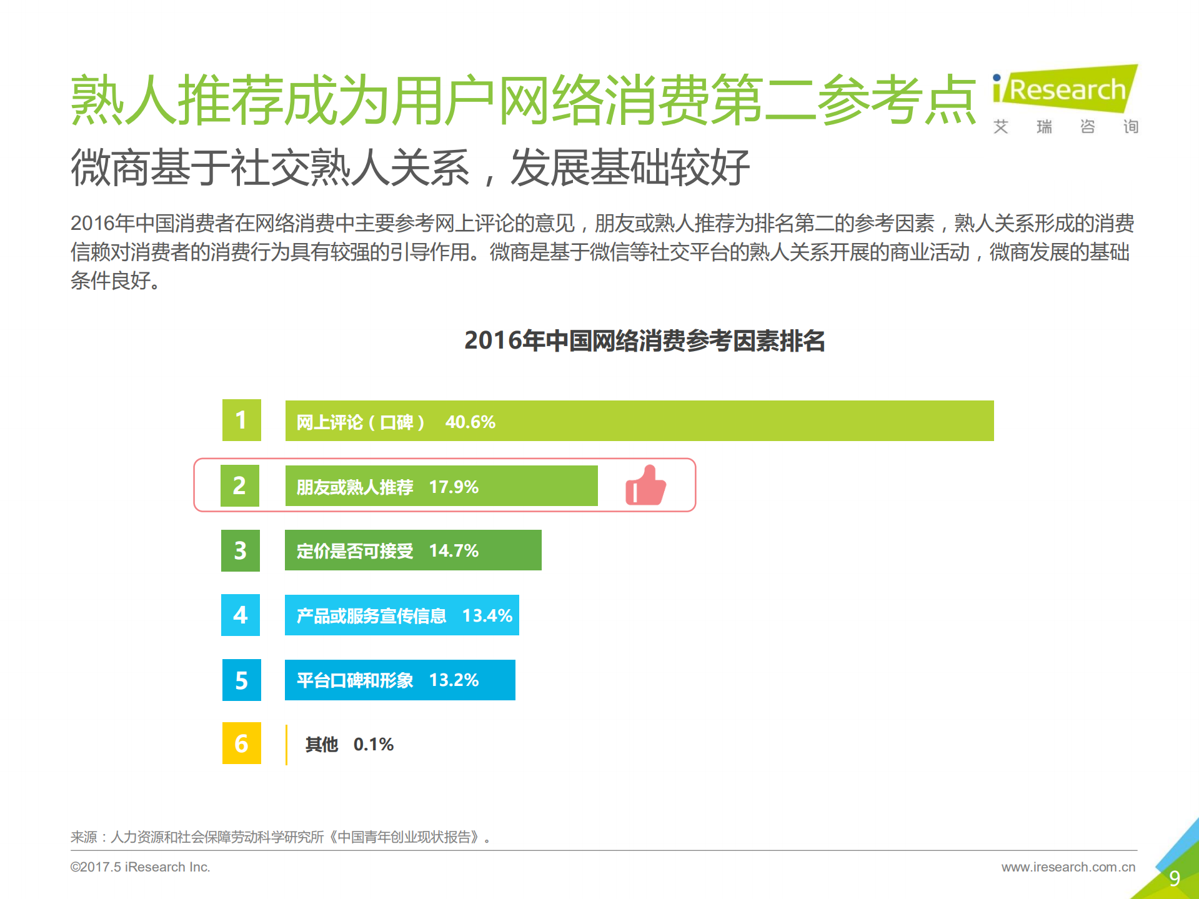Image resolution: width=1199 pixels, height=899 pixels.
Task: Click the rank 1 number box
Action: [241, 420]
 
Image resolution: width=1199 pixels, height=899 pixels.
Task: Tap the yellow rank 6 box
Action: [241, 743]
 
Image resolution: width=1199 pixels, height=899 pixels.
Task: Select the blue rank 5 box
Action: [241, 680]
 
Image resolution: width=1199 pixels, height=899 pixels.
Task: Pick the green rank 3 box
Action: [241, 550]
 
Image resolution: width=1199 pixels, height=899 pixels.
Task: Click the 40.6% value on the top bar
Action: [470, 422]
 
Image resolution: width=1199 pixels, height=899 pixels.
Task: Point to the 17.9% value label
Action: [454, 487]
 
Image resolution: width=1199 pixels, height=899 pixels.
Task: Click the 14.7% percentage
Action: [454, 551]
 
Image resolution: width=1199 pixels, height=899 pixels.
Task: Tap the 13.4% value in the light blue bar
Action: [487, 616]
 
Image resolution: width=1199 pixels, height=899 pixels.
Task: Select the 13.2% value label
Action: [454, 680]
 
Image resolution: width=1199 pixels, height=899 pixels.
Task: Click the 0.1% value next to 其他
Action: [373, 745]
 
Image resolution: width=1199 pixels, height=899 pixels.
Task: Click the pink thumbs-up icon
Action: [645, 485]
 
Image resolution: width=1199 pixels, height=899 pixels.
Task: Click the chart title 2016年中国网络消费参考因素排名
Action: [644, 341]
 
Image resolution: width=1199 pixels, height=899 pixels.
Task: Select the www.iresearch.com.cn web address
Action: [1068, 867]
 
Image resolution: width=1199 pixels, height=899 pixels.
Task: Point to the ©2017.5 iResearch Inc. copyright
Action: [140, 867]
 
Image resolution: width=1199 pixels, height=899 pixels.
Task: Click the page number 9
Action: [1174, 878]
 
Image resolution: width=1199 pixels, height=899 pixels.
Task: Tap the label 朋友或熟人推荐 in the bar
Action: [355, 487]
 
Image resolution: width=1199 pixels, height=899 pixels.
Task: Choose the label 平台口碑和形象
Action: [355, 680]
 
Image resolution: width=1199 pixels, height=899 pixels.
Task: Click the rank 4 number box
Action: [241, 615]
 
